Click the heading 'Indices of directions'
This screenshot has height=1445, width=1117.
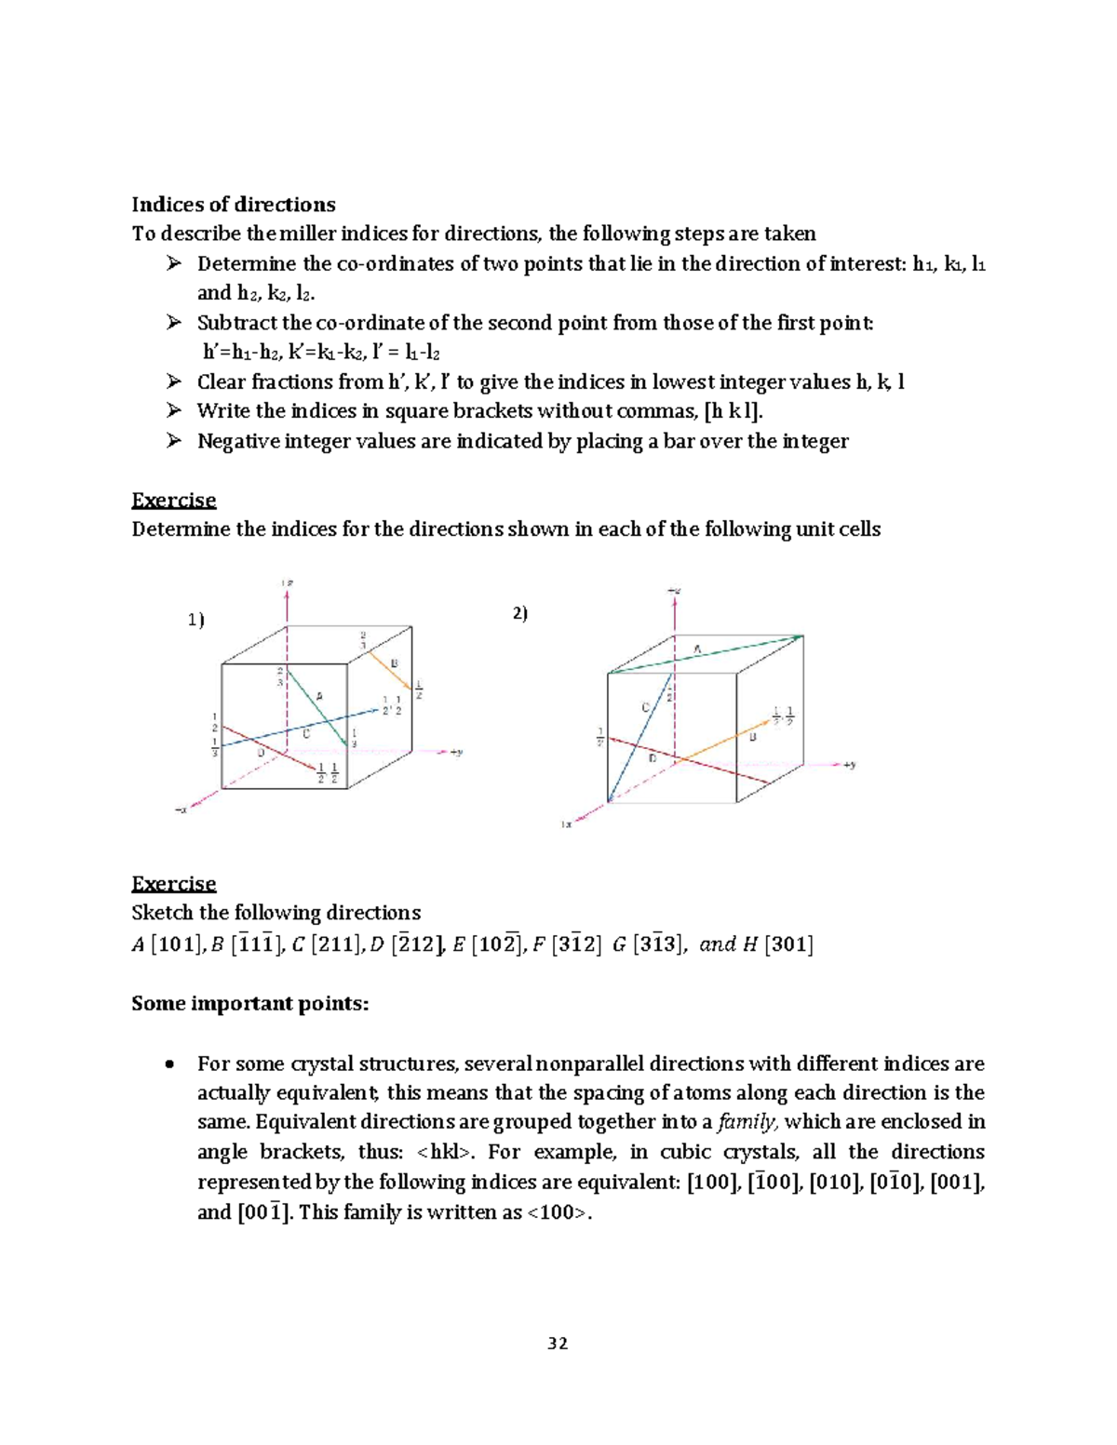tap(234, 205)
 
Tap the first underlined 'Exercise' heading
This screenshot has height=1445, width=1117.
tap(174, 501)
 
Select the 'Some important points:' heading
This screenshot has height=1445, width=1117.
tap(250, 1004)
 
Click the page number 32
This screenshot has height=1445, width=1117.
tap(558, 1344)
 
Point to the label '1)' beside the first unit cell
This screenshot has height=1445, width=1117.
tap(195, 620)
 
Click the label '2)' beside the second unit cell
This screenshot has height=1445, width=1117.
tap(519, 613)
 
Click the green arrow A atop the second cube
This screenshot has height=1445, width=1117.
tap(705, 654)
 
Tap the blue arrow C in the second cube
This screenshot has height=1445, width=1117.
tap(640, 735)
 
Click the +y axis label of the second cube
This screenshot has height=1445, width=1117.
tap(848, 765)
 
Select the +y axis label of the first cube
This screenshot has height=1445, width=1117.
tap(455, 753)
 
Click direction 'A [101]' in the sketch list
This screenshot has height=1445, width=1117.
tap(168, 945)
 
